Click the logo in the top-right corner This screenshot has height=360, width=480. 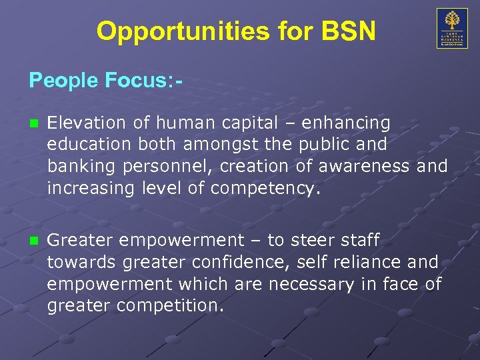451,28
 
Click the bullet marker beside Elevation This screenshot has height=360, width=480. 33,123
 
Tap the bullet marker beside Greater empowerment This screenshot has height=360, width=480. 33,241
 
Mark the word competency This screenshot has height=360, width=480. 265,188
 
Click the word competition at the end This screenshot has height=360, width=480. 172,306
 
